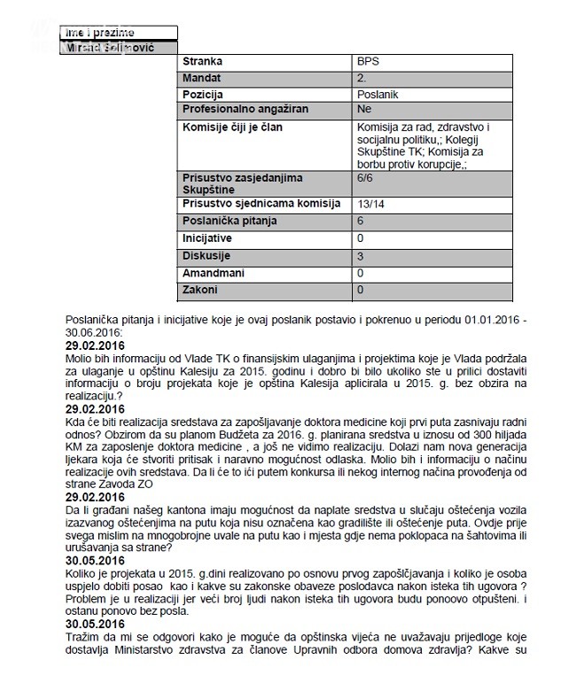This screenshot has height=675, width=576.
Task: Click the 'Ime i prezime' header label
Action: click(97, 33)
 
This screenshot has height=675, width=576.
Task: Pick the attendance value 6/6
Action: click(364, 179)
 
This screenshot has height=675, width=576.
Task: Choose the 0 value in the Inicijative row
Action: click(360, 239)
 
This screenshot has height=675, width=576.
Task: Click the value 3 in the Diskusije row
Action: click(360, 256)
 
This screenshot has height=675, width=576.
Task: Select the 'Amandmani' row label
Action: click(213, 273)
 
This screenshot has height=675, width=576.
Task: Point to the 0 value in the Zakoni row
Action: click(360, 289)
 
